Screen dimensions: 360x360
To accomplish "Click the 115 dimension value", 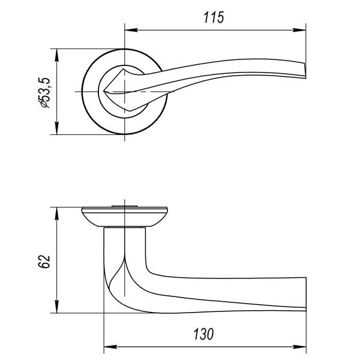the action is (214, 17).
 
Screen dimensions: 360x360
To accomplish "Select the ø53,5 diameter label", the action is (44, 92).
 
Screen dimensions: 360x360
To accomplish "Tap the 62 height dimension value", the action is (44, 261).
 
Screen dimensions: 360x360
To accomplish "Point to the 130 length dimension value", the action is (203, 334).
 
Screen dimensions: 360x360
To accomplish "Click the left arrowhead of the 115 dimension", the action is (131, 30).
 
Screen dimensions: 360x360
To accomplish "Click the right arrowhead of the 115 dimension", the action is (299, 30).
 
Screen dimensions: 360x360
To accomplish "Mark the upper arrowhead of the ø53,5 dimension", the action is (57, 55).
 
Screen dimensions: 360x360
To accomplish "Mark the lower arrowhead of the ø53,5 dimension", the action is (57, 128).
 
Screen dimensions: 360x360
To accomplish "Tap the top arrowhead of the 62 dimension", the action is (57, 214).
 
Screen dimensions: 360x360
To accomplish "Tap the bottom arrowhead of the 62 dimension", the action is (57, 306).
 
